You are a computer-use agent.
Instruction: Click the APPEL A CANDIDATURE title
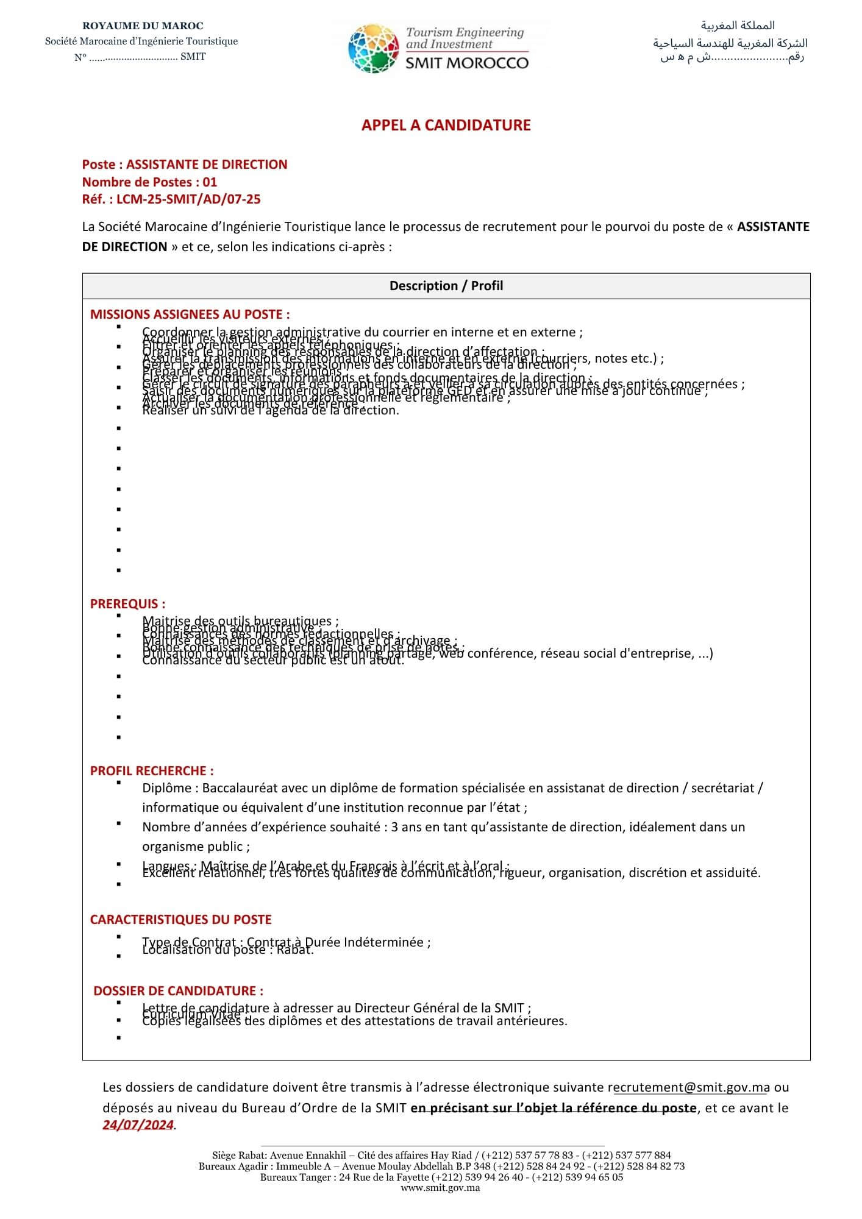446,125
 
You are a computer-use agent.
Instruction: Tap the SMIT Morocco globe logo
373,49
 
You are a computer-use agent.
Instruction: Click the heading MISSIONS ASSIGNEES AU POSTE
190,315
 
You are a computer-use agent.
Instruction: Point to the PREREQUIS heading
127,604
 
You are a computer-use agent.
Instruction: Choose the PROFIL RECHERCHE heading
152,771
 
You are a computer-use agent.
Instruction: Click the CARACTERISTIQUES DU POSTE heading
180,920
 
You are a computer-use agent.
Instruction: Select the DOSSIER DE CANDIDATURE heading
178,991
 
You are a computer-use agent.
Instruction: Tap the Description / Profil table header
446,286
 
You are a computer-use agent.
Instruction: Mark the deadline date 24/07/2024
138,1125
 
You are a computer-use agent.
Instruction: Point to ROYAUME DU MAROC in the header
143,26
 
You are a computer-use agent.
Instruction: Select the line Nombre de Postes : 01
149,182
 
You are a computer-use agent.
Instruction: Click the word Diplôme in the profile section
166,788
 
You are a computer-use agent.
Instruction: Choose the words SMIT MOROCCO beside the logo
467,63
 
